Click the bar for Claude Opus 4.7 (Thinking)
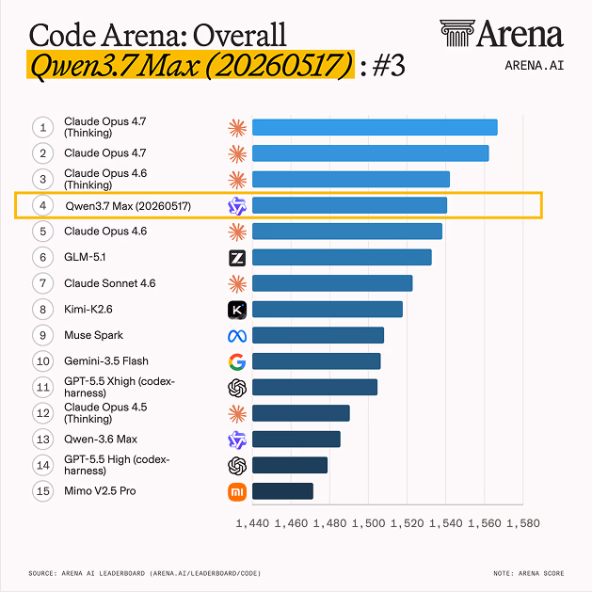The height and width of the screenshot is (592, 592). [375, 127]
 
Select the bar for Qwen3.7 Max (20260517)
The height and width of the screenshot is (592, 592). [349, 205]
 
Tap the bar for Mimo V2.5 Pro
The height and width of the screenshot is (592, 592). [282, 491]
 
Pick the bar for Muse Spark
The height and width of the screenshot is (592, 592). [318, 335]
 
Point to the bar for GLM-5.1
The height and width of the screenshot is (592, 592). [342, 257]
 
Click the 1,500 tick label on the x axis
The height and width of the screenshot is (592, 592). [369, 523]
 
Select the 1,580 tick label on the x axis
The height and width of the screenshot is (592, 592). [523, 523]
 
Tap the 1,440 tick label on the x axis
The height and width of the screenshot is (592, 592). [252, 523]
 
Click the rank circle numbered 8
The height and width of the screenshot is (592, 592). [42, 310]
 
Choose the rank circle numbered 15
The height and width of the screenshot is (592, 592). [42, 490]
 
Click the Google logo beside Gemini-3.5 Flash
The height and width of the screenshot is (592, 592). [237, 361]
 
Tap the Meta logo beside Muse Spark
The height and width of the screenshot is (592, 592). [237, 336]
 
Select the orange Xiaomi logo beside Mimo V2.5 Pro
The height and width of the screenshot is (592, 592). [237, 492]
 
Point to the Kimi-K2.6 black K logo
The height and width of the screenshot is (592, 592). [237, 310]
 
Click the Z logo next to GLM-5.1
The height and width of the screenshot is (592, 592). [237, 258]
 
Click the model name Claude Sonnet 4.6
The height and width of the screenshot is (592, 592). [110, 283]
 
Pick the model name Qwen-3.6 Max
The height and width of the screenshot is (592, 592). [101, 440]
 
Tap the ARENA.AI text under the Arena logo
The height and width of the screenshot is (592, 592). [535, 66]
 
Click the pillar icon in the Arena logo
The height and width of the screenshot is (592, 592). [456, 33]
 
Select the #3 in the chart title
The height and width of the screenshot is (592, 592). [389, 65]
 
